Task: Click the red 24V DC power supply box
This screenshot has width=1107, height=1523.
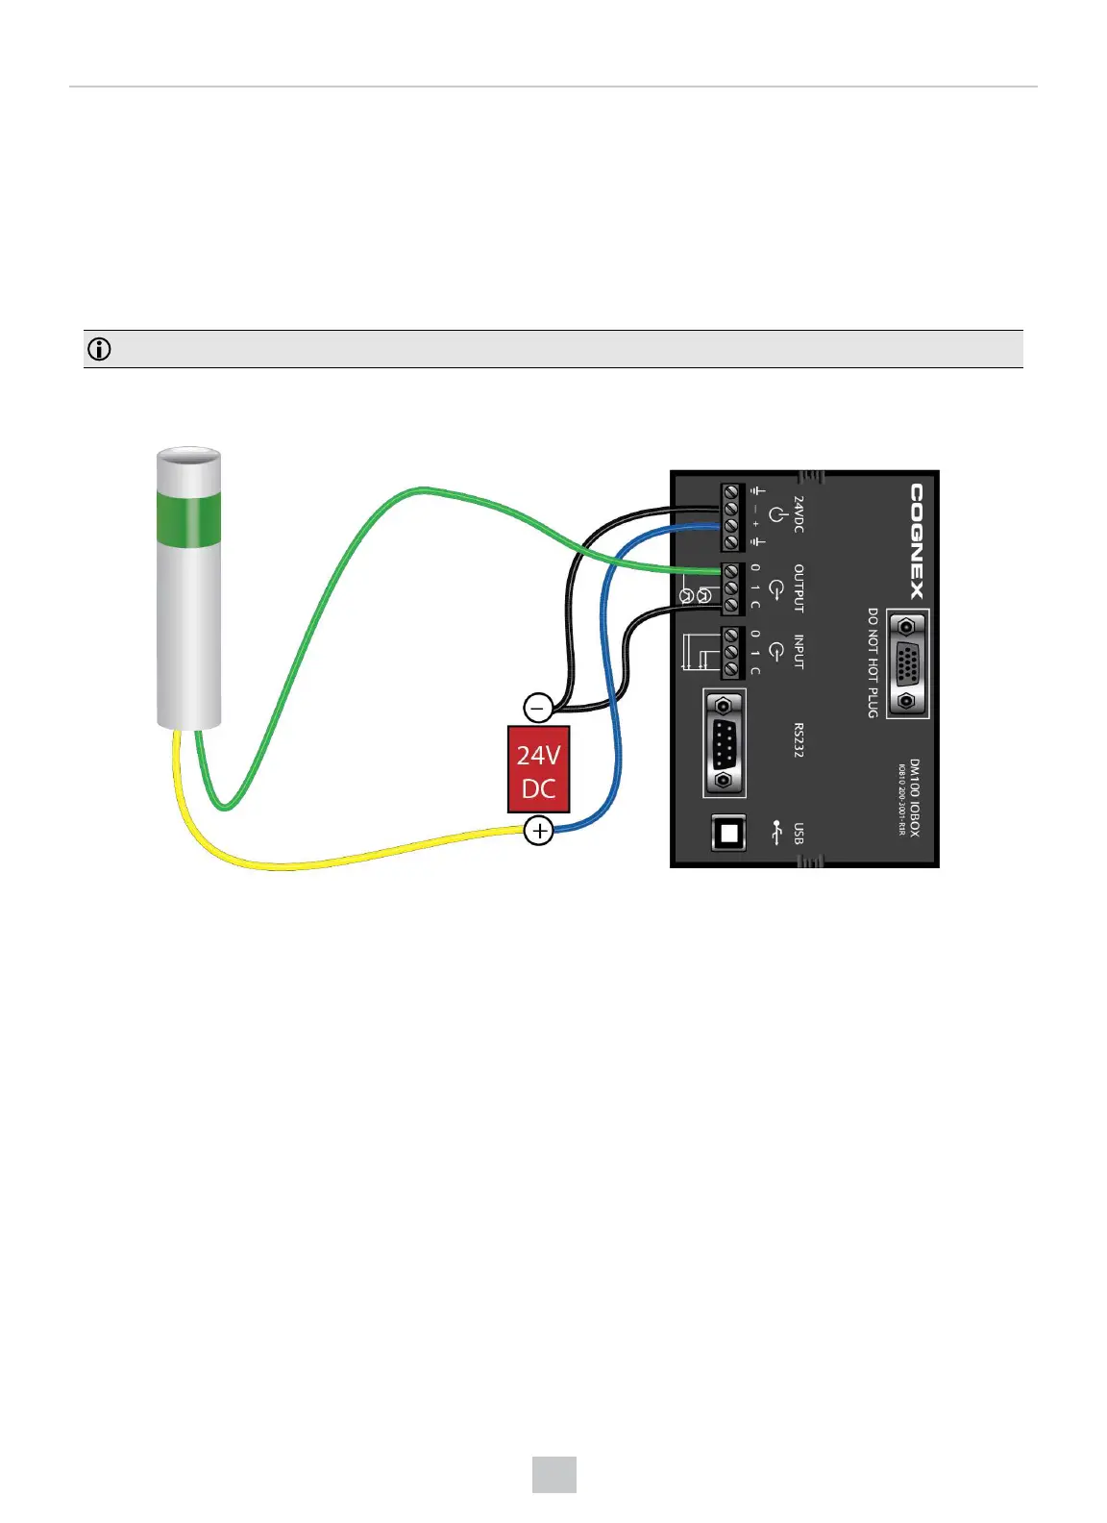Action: pyautogui.click(x=538, y=769)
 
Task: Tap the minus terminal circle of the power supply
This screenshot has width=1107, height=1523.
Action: pyautogui.click(x=538, y=708)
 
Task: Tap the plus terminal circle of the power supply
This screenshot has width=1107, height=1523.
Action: pyautogui.click(x=539, y=830)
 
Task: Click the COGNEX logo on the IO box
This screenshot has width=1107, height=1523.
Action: pyautogui.click(x=918, y=541)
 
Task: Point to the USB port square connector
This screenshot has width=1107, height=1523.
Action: pyautogui.click(x=728, y=833)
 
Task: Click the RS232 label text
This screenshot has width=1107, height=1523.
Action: pyautogui.click(x=799, y=739)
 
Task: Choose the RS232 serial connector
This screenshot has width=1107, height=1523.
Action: pyautogui.click(x=726, y=743)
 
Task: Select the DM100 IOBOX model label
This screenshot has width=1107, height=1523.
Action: pyautogui.click(x=914, y=797)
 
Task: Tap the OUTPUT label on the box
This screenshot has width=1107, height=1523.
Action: pyautogui.click(x=799, y=587)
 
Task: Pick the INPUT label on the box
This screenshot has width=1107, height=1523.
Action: pyautogui.click(x=799, y=652)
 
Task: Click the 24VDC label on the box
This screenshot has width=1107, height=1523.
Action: pyautogui.click(x=799, y=514)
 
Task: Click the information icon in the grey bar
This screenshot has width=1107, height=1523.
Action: pyautogui.click(x=99, y=349)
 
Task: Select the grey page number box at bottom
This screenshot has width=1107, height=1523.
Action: pyautogui.click(x=554, y=1474)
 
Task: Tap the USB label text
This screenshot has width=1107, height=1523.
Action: pyautogui.click(x=799, y=833)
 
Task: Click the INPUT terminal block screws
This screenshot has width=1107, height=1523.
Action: pyautogui.click(x=731, y=653)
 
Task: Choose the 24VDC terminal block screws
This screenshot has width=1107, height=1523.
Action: pyautogui.click(x=731, y=516)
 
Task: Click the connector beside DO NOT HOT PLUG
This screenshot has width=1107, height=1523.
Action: pyautogui.click(x=905, y=663)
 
